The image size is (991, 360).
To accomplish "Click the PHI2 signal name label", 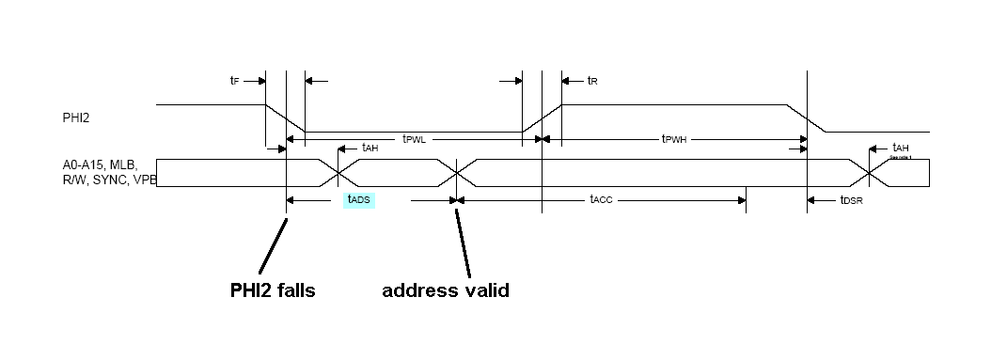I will pyautogui.click(x=77, y=118).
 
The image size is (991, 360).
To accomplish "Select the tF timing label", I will pyautogui.click(x=235, y=81).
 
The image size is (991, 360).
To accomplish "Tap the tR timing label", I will pyautogui.click(x=592, y=81).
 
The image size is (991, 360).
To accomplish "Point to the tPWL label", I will pyautogui.click(x=415, y=139).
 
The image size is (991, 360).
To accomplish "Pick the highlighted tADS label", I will pyautogui.click(x=359, y=199).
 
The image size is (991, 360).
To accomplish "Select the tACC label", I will pyautogui.click(x=602, y=199).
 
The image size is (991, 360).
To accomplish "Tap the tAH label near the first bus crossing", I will pyautogui.click(x=370, y=148).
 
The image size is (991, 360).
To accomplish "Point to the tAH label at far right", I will pyautogui.click(x=901, y=148).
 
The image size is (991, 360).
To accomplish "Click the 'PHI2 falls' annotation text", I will pyautogui.click(x=273, y=290).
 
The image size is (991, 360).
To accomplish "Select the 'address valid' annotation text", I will pyautogui.click(x=446, y=290).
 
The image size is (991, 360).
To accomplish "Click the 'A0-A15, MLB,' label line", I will pyautogui.click(x=98, y=165).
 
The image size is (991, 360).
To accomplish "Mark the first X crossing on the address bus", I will pyautogui.click(x=338, y=173).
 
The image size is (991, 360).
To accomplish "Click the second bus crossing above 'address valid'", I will pyautogui.click(x=457, y=173).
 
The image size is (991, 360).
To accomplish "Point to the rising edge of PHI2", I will pyautogui.click(x=542, y=117).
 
